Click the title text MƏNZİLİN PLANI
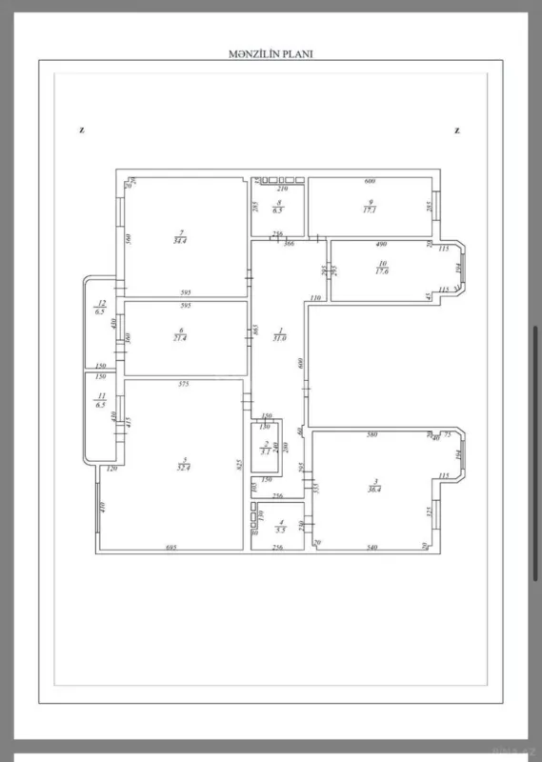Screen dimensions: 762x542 click(x=271, y=54)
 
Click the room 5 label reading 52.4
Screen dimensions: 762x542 click(x=182, y=468)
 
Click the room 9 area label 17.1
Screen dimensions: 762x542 click(x=370, y=210)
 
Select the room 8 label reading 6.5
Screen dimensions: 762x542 click(x=277, y=210)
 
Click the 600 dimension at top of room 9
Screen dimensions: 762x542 click(x=370, y=181)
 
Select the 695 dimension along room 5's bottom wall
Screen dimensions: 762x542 click(x=171, y=547)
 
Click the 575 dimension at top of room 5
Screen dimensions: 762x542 click(x=184, y=384)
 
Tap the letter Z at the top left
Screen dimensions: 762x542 click(x=83, y=131)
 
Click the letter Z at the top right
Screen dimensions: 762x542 click(x=457, y=131)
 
